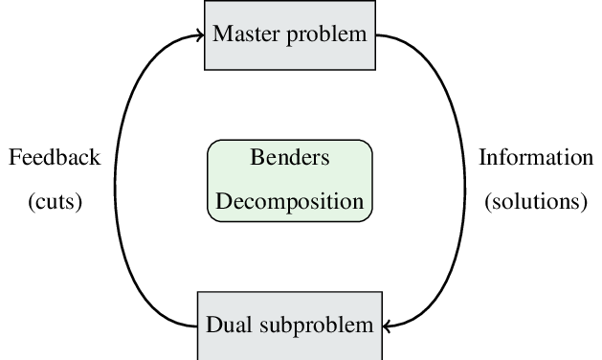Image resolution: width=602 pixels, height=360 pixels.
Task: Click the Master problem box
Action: point(289,35)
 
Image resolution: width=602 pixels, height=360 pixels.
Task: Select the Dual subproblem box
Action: point(289,325)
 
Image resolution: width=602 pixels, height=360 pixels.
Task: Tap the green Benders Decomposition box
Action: point(289,180)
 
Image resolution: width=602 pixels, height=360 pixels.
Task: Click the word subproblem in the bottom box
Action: point(316,326)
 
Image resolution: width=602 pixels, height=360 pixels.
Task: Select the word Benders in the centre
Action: point(289,158)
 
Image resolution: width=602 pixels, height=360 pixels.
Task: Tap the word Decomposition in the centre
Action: point(289,202)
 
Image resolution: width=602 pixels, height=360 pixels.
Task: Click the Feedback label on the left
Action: point(54,158)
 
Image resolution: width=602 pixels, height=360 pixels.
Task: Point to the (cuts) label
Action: point(55,202)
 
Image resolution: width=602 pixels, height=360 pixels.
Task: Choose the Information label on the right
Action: point(536,158)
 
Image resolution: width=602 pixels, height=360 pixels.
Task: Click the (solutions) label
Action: point(536,202)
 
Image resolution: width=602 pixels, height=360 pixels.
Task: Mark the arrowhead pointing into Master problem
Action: point(200,35)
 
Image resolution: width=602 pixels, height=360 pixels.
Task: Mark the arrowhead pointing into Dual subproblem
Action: point(390,326)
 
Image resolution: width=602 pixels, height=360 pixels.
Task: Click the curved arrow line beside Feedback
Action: point(127,180)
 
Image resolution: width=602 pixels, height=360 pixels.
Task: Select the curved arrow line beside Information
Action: point(452,180)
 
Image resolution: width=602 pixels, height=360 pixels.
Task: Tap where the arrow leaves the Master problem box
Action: point(376,35)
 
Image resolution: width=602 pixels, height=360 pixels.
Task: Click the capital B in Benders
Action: point(256,158)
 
